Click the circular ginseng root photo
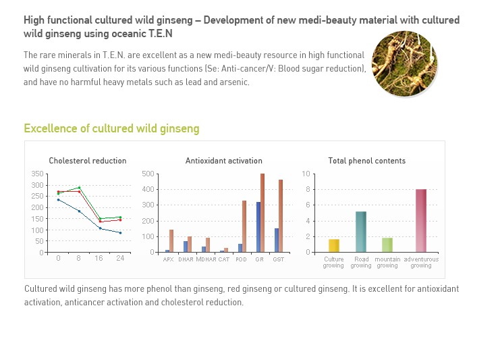tap(404, 63)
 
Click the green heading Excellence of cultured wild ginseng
tap(111, 128)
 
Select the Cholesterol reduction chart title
tap(88, 161)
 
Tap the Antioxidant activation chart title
tap(224, 161)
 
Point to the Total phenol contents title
tap(367, 161)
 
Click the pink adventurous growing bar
tap(421, 220)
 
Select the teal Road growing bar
tap(361, 232)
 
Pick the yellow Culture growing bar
tap(334, 245)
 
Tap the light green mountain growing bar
tap(387, 245)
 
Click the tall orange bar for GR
tap(262, 213)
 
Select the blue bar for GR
tap(258, 227)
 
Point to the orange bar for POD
tap(244, 226)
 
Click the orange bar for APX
tap(171, 240)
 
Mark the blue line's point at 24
tap(120, 233)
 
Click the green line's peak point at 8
tap(79, 188)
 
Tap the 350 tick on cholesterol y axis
tap(37, 174)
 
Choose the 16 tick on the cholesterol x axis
tap(99, 258)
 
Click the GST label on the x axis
tap(279, 259)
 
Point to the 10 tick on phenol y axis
tap(306, 174)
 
